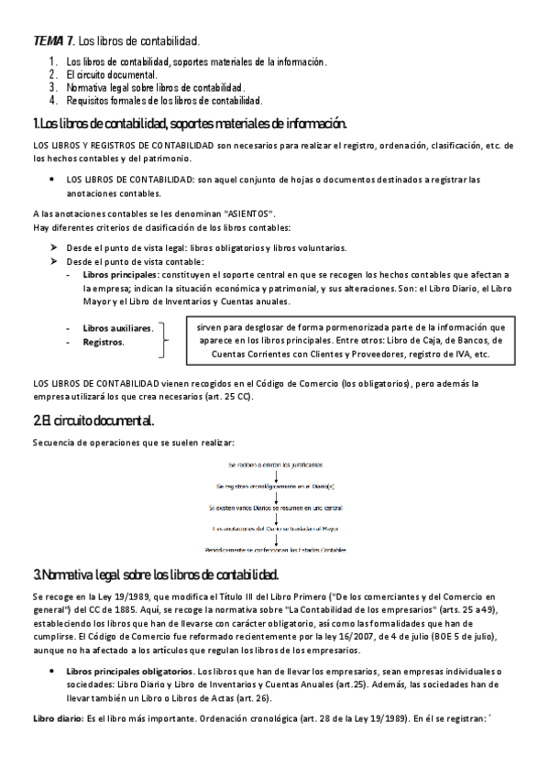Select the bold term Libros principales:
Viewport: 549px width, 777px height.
pyautogui.click(x=120, y=274)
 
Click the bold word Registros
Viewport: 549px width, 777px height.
pyautogui.click(x=103, y=342)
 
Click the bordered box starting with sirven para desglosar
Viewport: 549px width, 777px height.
pyautogui.click(x=349, y=339)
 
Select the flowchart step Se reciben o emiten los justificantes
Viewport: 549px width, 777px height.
pyautogui.click(x=274, y=466)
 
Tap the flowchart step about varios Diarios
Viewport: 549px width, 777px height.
pyautogui.click(x=275, y=507)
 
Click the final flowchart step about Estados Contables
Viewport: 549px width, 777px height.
pyautogui.click(x=275, y=549)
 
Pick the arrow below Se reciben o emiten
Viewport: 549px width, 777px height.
pyautogui.click(x=275, y=476)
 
